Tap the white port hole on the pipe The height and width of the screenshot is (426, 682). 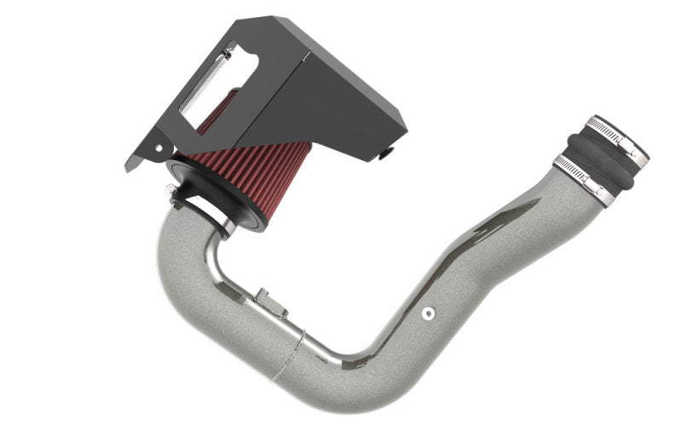coord(428,314)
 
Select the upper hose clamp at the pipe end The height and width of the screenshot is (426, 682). coord(616,135)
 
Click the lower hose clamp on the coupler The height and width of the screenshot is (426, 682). coord(582,177)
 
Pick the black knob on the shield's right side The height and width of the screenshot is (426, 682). coord(385,153)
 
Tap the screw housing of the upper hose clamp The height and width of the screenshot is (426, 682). coord(636,153)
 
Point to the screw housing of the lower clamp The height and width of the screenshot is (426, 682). coord(601,195)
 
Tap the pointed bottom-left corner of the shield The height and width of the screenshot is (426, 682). coord(129,168)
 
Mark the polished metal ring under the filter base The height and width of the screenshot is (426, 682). coord(223,224)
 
